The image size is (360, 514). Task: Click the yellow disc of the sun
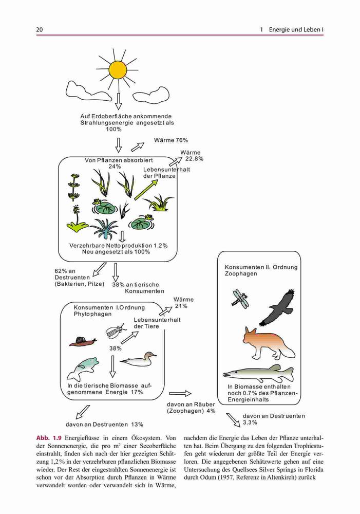pos(118,69)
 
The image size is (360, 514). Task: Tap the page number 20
pos(40,29)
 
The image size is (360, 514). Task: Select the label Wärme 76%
pos(171,140)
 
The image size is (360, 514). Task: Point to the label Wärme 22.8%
pos(192,156)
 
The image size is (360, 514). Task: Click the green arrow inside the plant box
pos(146,190)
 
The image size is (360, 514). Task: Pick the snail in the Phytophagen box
pos(83,342)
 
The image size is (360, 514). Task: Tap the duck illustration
pos(138,359)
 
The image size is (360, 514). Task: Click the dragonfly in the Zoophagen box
pos(240,298)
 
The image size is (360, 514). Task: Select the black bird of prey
pos(277,308)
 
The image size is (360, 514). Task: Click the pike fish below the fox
pos(258,373)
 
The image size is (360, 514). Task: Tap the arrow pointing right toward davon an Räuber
pos(180,393)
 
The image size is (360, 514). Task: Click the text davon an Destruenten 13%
pos(104,425)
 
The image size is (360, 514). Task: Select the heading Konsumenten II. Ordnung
pos(261,267)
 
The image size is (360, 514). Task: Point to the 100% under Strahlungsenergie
pos(113,130)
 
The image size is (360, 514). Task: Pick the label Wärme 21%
pos(183,303)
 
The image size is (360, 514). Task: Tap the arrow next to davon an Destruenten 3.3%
pos(233,419)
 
